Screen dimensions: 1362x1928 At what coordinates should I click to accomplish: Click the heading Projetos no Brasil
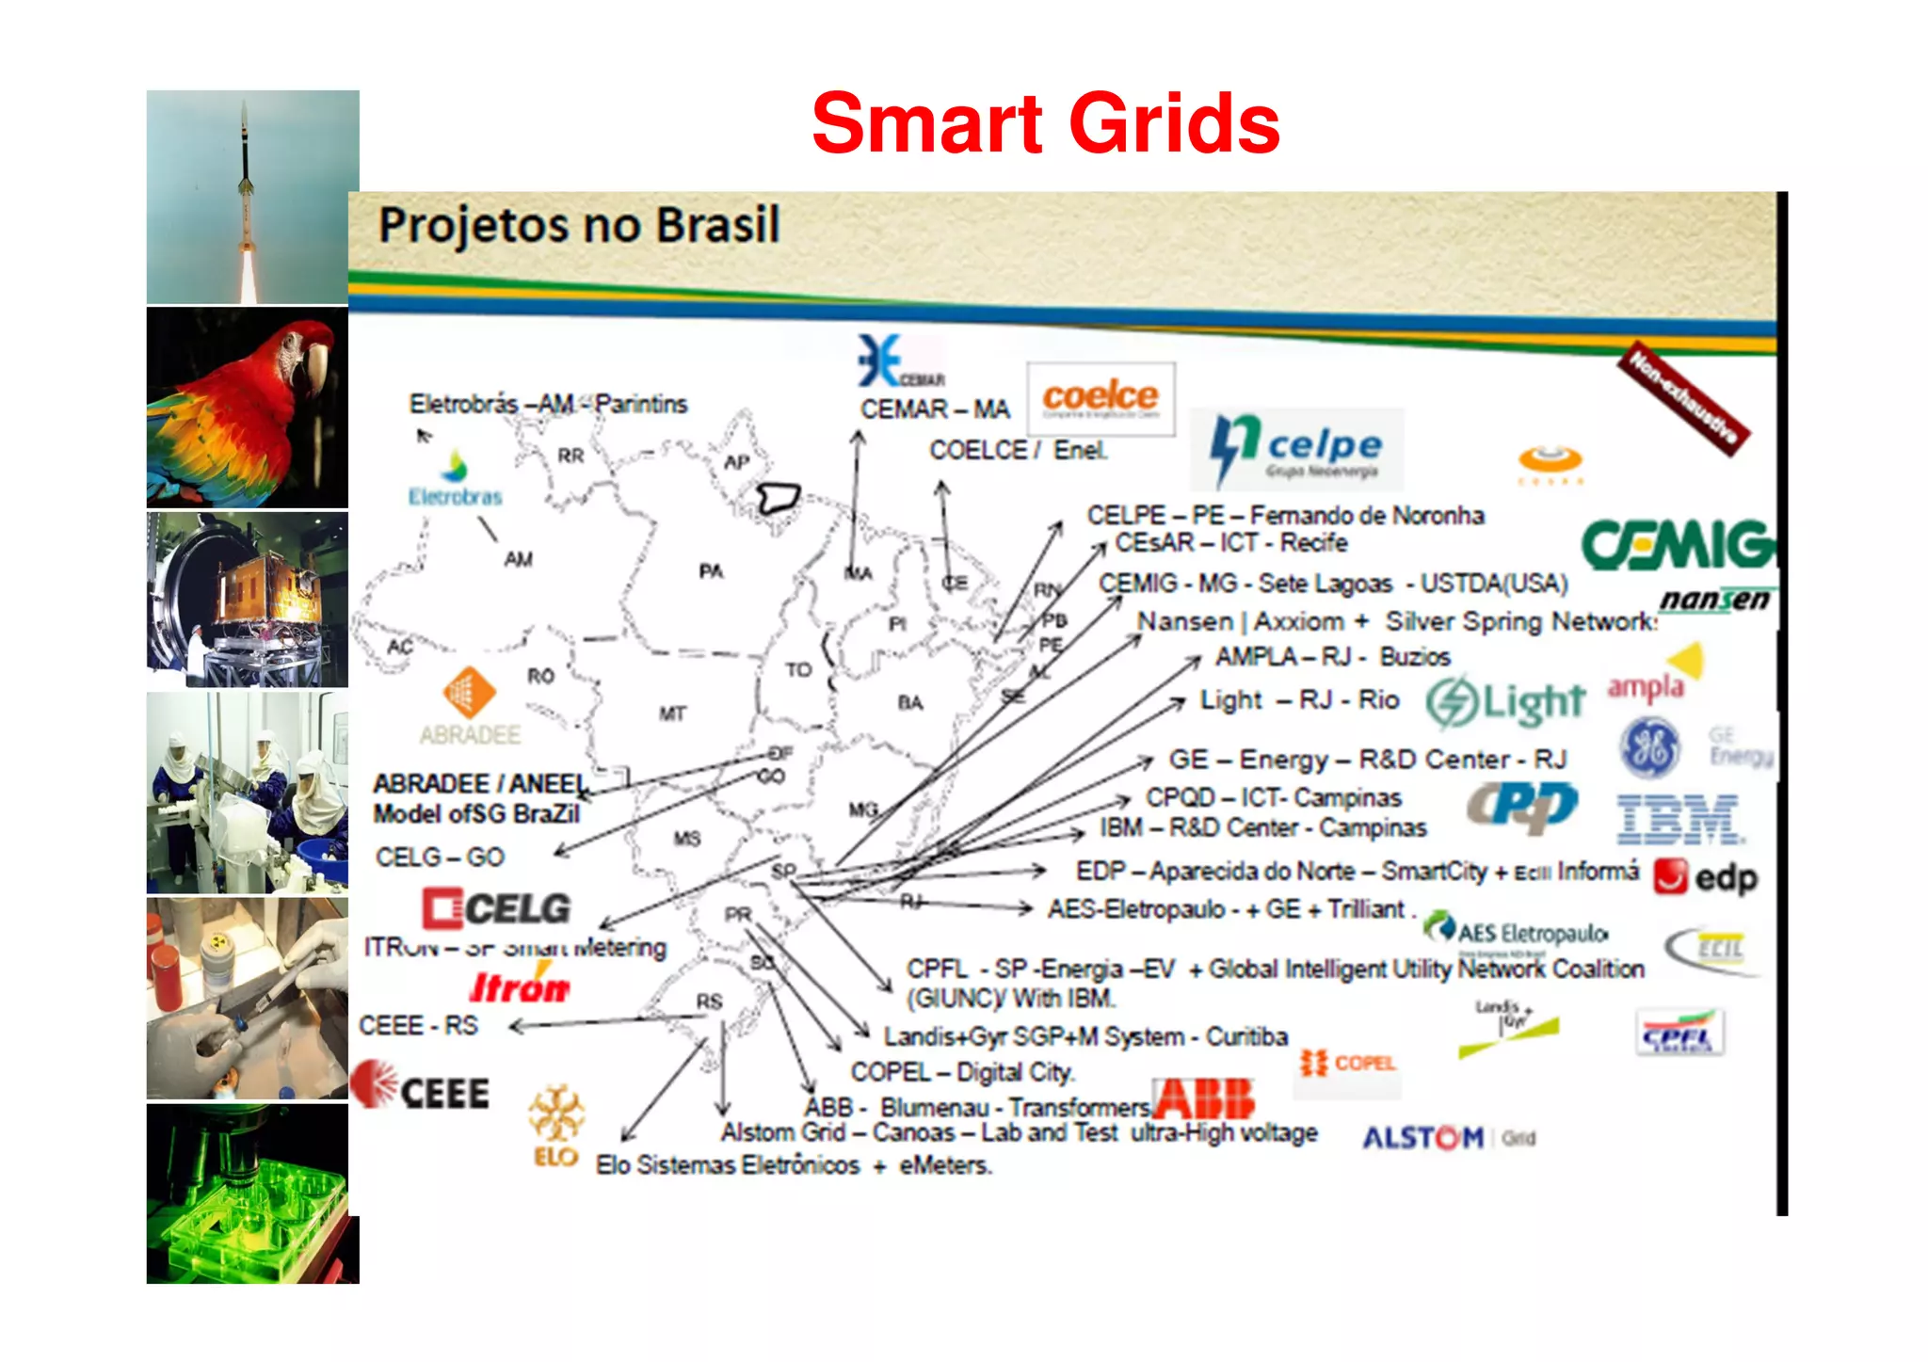point(579,226)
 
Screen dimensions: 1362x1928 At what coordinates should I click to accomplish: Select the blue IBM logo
point(1679,818)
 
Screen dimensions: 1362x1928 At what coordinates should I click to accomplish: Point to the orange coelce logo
point(1101,397)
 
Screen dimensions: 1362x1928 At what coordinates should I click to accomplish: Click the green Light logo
point(1505,702)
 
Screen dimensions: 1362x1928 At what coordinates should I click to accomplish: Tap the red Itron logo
point(520,988)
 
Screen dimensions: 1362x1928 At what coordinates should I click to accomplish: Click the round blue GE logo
point(1649,747)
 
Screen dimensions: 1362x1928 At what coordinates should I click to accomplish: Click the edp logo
point(1706,877)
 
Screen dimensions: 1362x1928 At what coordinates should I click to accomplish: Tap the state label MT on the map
point(672,713)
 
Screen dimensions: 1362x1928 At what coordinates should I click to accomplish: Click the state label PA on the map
point(711,571)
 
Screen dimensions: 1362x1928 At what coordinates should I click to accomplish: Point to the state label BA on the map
point(910,702)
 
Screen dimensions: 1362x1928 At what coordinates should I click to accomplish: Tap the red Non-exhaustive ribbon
point(1683,398)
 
